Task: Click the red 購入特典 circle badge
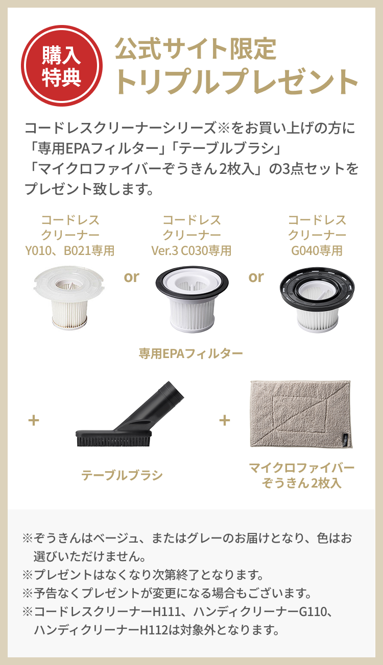click(61, 66)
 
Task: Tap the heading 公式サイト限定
click(196, 49)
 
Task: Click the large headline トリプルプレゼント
click(236, 81)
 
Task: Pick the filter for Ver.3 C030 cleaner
click(192, 299)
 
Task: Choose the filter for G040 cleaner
click(317, 299)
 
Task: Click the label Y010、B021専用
click(70, 250)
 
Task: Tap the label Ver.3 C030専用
click(192, 250)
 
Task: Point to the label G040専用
click(317, 250)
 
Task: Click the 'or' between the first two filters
click(131, 277)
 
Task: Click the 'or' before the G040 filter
click(256, 277)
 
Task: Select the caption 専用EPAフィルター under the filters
click(191, 353)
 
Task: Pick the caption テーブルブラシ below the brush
click(122, 475)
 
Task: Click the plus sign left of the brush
click(34, 421)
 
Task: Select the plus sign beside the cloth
click(224, 420)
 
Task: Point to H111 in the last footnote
click(167, 610)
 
